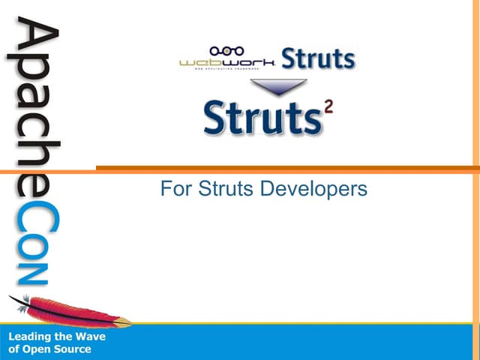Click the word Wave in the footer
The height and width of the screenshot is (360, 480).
[x=90, y=337]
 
